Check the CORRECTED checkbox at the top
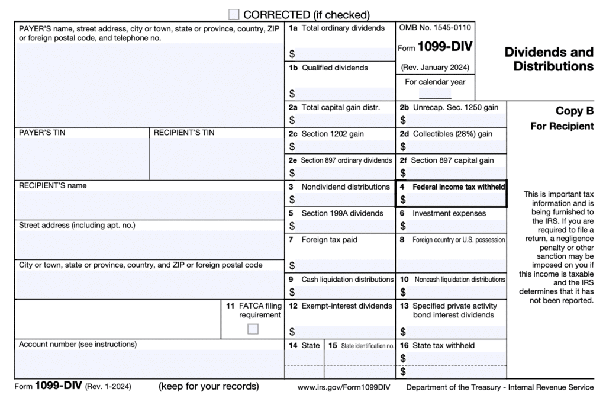234,15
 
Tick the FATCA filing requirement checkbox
253,329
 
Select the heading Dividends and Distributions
549,59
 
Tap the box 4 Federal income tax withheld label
458,187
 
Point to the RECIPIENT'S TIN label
183,133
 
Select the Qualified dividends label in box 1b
334,68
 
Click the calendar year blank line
435,95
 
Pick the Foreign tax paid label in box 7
329,240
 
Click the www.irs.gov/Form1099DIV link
344,388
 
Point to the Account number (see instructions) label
78,344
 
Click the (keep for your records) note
208,387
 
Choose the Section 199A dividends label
336,213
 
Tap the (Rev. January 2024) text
435,68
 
